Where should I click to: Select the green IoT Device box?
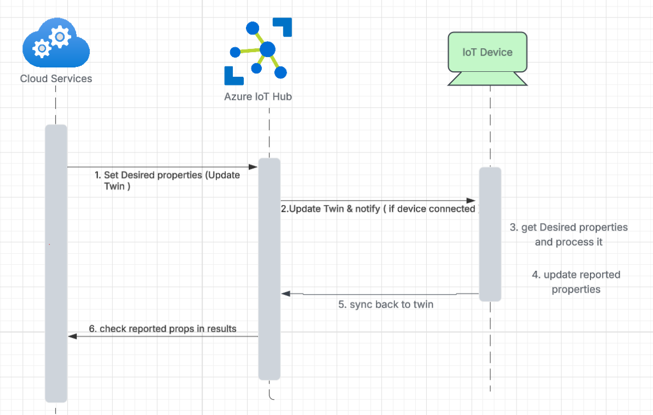tap(487, 53)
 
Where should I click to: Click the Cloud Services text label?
tap(56, 78)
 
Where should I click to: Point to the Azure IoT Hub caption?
tap(258, 97)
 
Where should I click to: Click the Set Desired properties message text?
tap(167, 180)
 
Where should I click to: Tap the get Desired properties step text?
tap(569, 234)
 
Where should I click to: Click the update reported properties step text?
tap(576, 282)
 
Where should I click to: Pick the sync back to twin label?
tap(385, 304)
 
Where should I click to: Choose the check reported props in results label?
tap(163, 329)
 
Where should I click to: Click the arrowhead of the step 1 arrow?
tap(254, 167)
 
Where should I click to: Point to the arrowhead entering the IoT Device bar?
tap(471, 201)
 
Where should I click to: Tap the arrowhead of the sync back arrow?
tap(285, 294)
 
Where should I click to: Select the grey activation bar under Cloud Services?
tap(56, 263)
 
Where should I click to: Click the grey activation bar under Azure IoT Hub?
tap(269, 269)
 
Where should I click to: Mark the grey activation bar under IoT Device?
tap(490, 234)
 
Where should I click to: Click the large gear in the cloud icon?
tap(60, 36)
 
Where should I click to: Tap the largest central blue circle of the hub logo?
tap(267, 49)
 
